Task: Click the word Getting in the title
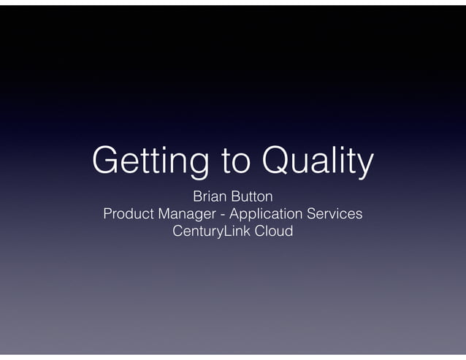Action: (x=145, y=163)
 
